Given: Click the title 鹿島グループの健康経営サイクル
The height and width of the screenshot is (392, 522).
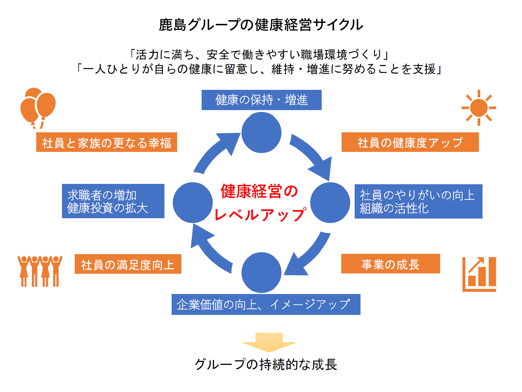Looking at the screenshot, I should coord(261,25).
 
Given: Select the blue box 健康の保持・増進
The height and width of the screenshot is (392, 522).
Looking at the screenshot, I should coord(261,100).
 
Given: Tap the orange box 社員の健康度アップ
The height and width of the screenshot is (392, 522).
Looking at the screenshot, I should coord(410,142).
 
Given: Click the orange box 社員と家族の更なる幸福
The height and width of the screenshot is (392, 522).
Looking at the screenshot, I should coord(106,142).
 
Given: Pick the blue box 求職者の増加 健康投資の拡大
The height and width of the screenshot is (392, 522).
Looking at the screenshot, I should coord(113,201).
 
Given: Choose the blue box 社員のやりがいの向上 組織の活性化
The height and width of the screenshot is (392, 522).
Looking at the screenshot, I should coord(418,202).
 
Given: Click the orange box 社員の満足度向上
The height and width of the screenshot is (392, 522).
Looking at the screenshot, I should coord(128,264).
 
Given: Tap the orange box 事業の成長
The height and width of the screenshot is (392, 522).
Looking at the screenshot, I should coord(391,264).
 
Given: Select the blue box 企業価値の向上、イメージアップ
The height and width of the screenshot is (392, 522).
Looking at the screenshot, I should coord(266,304).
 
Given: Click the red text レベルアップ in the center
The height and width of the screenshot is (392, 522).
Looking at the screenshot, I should coord(260,215).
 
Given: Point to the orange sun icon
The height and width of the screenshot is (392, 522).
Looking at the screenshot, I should coord(479,108).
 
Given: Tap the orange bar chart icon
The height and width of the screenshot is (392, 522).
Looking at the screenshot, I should coord(479,274).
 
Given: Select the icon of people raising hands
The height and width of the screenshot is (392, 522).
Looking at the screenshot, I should coord(40,271).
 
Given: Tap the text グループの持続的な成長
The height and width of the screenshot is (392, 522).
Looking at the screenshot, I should coord(266,364).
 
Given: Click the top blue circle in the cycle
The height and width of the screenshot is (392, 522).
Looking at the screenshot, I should coord(261,133).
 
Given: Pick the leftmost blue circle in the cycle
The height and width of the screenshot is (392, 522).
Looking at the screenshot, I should coord(192,203).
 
